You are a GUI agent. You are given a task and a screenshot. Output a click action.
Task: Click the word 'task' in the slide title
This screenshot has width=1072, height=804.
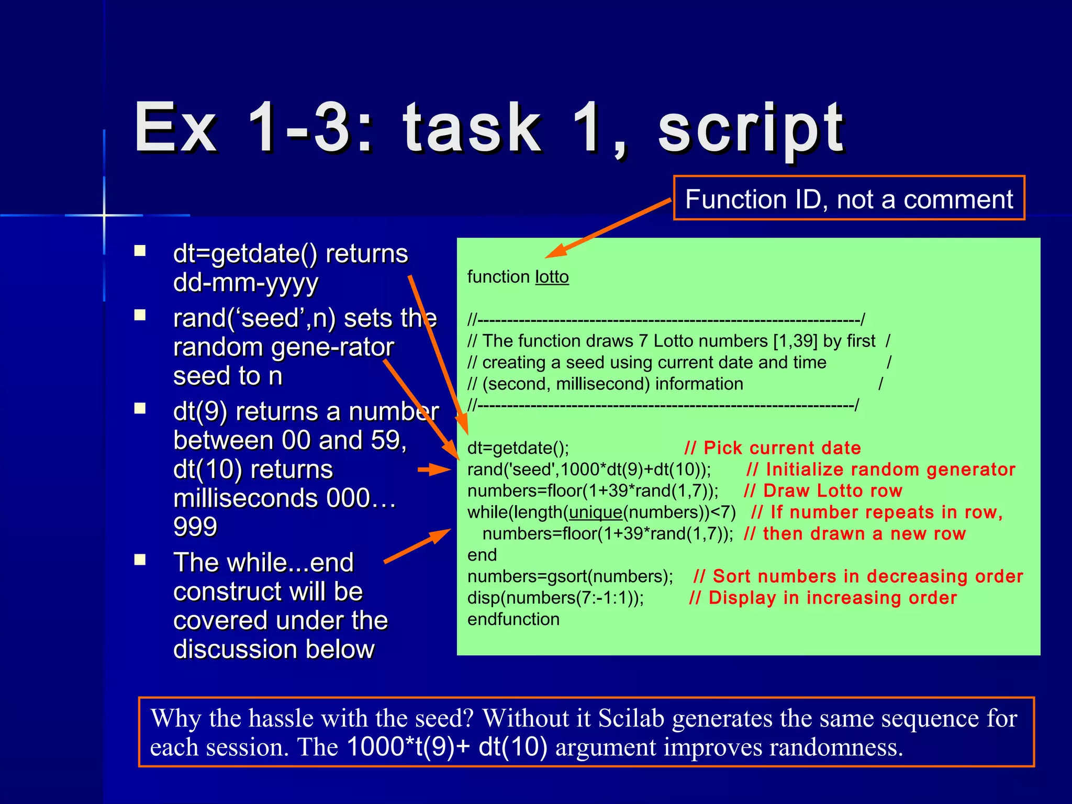click(472, 128)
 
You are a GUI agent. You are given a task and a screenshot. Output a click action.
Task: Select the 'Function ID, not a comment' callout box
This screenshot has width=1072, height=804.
click(848, 198)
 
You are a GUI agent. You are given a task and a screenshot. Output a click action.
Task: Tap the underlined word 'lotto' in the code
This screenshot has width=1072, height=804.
click(552, 277)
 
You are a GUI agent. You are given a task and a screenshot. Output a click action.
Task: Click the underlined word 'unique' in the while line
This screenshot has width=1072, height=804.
click(596, 512)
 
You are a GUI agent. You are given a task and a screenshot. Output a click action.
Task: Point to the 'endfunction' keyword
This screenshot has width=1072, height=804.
click(513, 619)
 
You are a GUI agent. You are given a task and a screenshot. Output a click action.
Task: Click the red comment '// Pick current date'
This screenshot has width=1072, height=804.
click(772, 448)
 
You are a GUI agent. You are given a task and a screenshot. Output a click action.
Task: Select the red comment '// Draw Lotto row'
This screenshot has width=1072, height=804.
click(822, 491)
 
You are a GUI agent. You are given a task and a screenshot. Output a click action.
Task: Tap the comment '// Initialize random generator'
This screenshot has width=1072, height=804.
click(880, 470)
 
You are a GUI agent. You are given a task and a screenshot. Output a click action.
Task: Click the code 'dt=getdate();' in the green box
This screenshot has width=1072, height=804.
click(517, 448)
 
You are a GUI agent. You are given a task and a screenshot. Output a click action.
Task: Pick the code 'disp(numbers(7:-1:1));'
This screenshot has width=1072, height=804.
click(555, 598)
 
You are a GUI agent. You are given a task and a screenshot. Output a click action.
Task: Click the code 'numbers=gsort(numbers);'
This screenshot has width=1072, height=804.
click(570, 576)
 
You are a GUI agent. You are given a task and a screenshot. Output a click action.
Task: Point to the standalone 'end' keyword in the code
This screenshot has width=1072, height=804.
click(482, 555)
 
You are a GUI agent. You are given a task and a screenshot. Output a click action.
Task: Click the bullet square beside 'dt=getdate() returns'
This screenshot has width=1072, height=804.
click(140, 251)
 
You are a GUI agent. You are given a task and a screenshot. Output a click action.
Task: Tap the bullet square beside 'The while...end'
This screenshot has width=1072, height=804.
click(140, 560)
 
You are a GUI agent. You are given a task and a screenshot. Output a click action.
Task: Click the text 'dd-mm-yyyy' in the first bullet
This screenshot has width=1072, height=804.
click(245, 283)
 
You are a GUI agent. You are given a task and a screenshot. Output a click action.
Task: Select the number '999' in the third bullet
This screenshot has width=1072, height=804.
click(195, 527)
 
